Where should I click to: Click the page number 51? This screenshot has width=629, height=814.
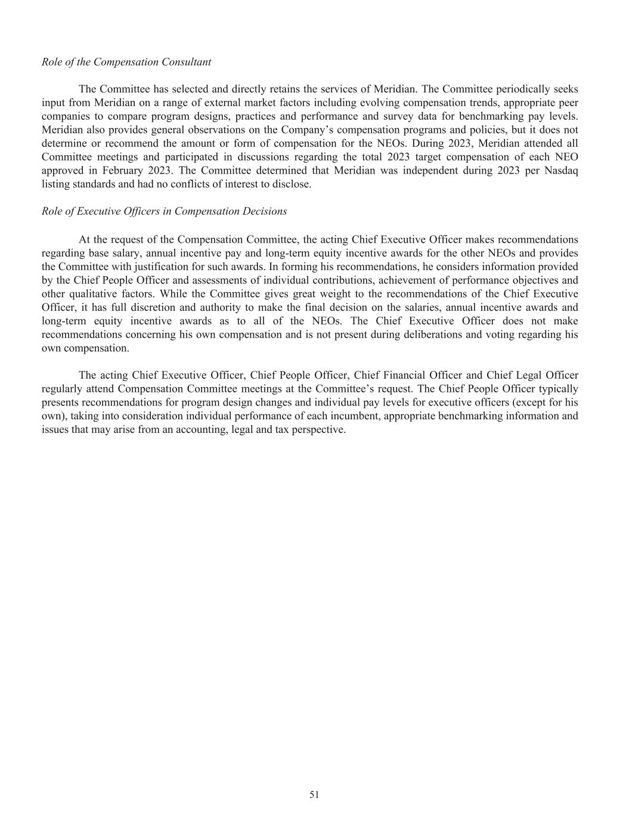(314, 794)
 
